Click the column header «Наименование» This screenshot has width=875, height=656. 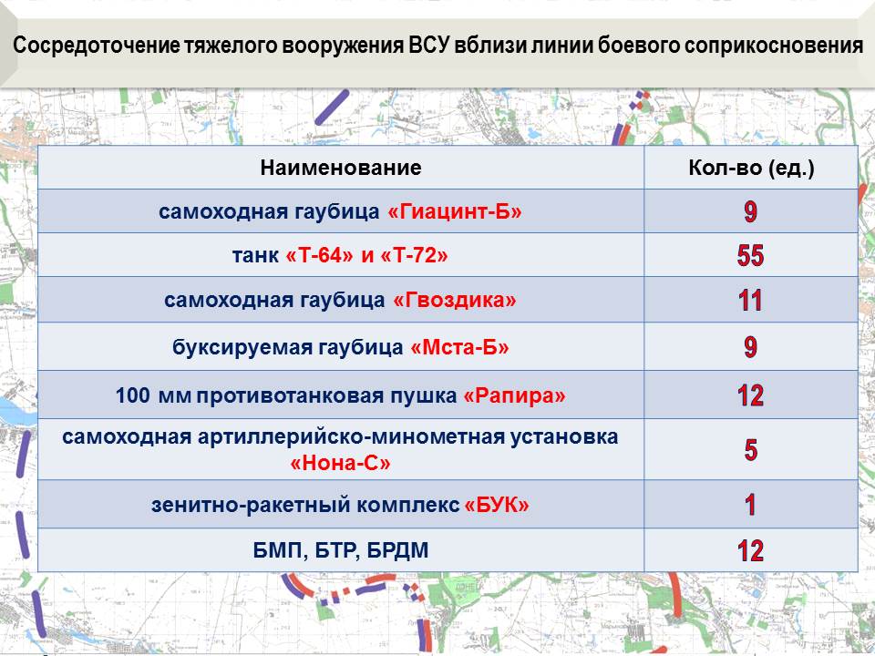[x=340, y=168]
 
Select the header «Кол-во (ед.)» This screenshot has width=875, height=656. [x=750, y=168]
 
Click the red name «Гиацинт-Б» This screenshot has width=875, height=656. [x=454, y=211]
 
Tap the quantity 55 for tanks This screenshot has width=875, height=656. [x=750, y=255]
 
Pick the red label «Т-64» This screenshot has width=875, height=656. [x=319, y=255]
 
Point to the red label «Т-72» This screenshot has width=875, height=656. [x=414, y=255]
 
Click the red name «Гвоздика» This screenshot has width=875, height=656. [x=455, y=300]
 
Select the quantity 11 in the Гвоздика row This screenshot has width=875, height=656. [x=750, y=301]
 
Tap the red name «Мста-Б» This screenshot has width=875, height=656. [x=459, y=347]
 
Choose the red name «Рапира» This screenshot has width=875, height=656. [x=514, y=395]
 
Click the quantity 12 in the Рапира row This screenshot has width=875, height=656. [x=750, y=395]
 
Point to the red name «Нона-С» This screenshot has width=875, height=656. [x=340, y=463]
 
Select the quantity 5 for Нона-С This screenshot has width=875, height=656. [x=751, y=449]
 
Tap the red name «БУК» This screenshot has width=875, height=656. [x=497, y=505]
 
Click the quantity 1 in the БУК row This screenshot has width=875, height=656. [x=750, y=504]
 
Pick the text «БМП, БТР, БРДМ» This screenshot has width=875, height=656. [x=341, y=550]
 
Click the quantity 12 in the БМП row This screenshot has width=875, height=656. [x=750, y=550]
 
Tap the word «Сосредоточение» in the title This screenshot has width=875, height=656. [x=96, y=46]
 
